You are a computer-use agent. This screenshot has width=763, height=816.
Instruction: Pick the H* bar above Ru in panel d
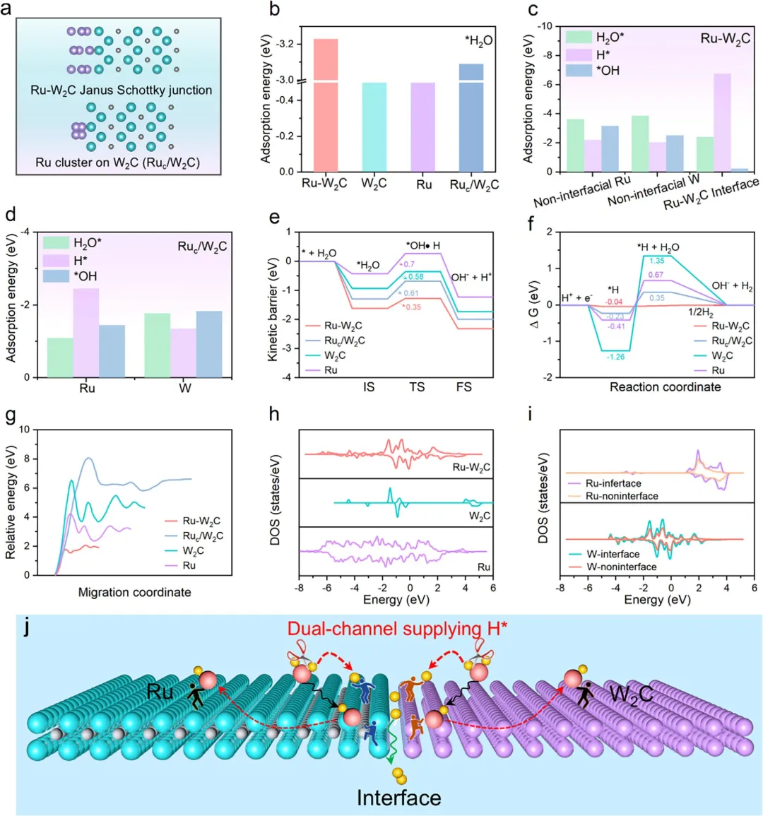coord(85,332)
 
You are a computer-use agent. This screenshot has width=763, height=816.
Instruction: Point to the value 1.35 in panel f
coord(656,260)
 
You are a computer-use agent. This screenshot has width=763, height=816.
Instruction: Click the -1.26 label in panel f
coord(615,357)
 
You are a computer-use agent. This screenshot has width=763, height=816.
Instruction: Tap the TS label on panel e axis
coord(417,386)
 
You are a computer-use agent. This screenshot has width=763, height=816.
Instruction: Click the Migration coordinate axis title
coord(134,591)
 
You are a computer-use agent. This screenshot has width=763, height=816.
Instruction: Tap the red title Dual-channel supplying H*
coord(397,629)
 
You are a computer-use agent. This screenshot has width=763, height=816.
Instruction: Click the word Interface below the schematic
coord(398,798)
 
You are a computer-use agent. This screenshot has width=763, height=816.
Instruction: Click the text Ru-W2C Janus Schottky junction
coord(121,90)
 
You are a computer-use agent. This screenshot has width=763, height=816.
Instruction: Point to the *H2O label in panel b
coord(479,41)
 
